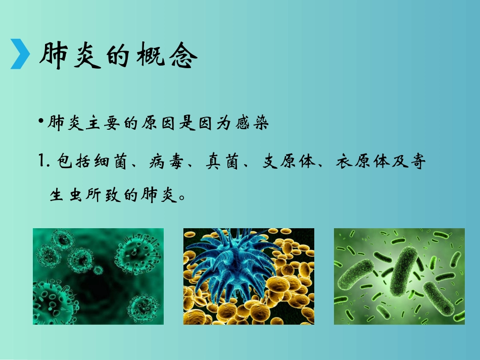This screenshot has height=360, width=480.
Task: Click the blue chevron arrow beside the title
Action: coord(20,55)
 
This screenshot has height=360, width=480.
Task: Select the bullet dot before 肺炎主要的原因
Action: coord(43,123)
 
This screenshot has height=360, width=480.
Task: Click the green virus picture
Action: coord(99,276)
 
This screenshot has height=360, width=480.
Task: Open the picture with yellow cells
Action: coord(249,276)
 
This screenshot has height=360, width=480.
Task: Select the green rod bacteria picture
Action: coord(399,276)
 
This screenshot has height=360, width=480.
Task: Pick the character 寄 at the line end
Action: coord(417,162)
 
